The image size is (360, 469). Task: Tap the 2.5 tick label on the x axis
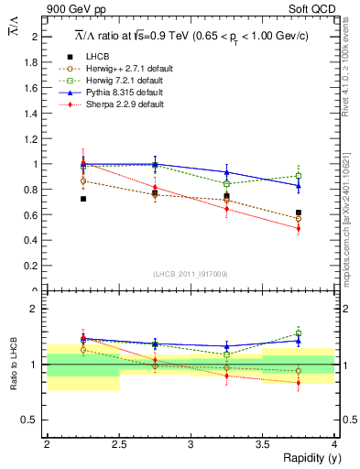[118, 444]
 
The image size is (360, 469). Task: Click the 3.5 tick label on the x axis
[262, 444]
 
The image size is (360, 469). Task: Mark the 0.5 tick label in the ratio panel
[31, 420]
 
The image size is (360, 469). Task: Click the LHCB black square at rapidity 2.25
[83, 199]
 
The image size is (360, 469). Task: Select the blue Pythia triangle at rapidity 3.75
[299, 186]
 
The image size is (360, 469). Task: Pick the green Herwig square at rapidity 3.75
[299, 176]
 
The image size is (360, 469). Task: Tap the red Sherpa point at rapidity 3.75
[299, 228]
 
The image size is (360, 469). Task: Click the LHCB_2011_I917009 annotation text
[191, 274]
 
